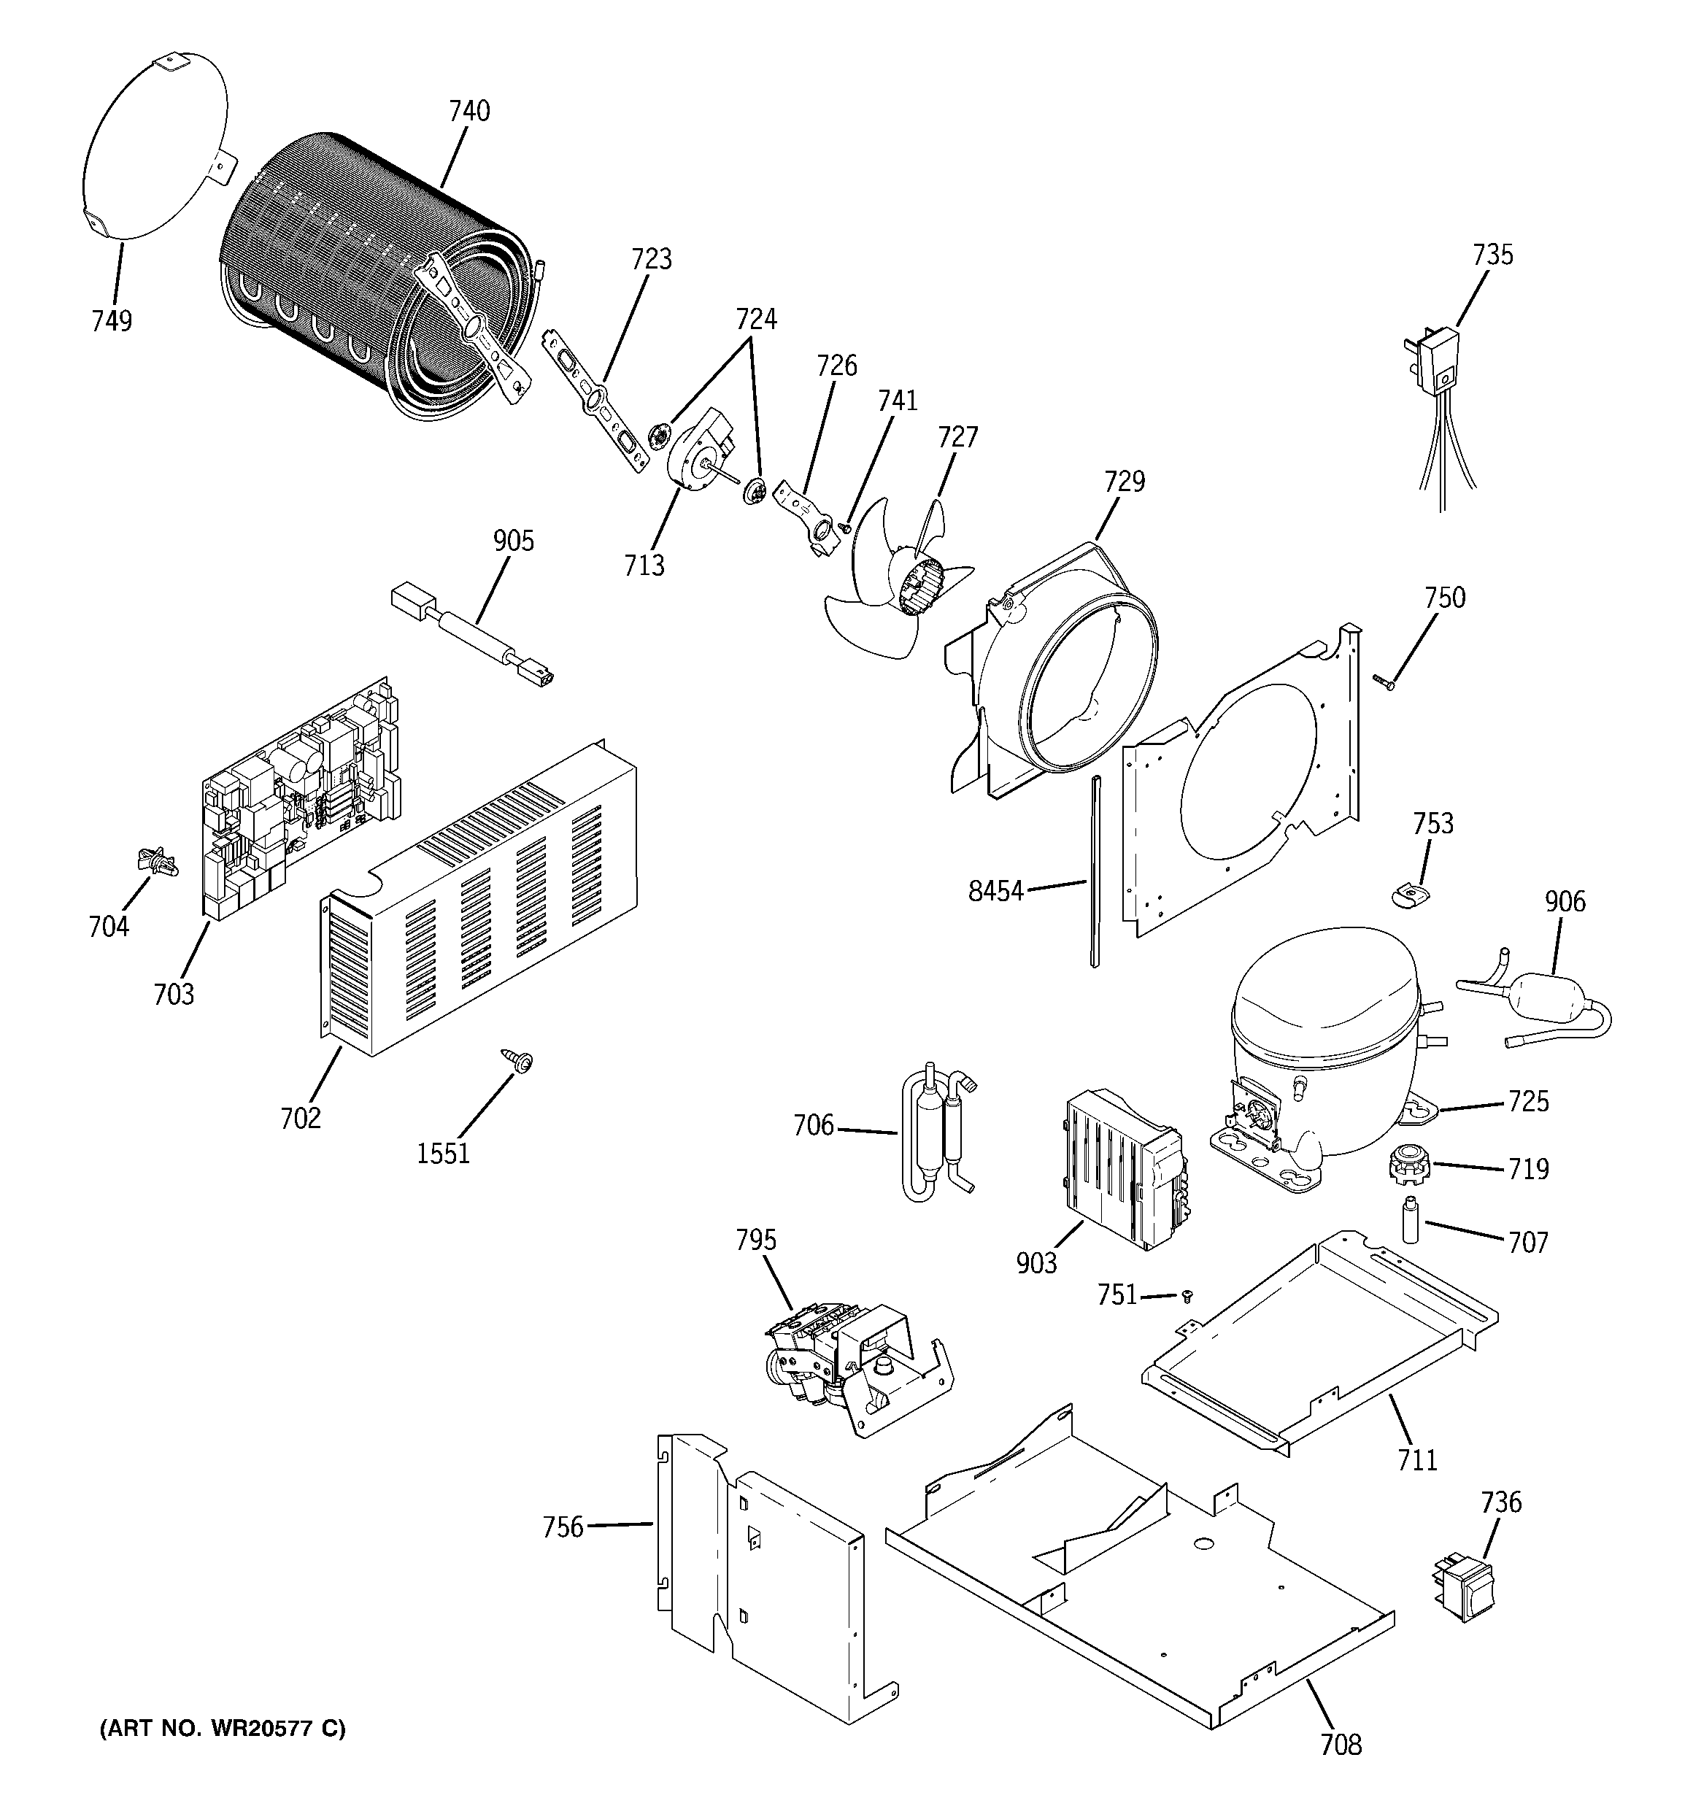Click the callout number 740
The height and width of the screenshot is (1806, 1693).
coord(469,111)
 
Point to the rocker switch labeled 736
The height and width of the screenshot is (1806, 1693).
coord(1460,1588)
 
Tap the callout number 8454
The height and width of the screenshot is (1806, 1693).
coord(995,891)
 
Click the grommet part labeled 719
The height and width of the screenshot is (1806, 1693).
coord(1408,1164)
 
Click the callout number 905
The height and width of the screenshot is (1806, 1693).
coord(514,541)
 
